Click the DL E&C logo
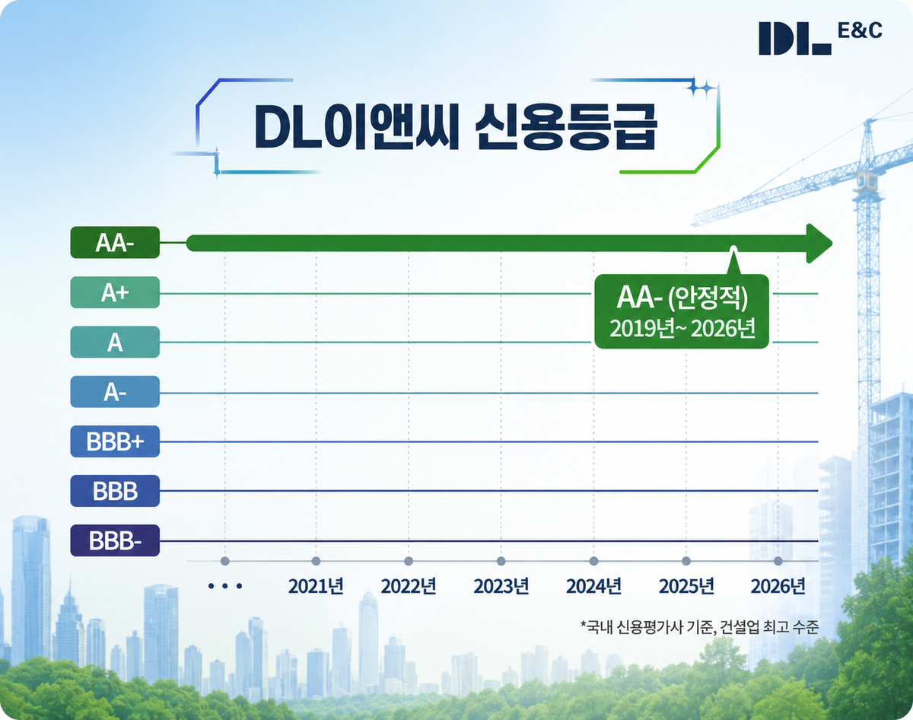820,38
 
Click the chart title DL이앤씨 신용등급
456,127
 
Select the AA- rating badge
115,242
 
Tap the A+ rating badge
115,292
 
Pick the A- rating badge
115,392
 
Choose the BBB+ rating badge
115,441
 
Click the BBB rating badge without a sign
115,491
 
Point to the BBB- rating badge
115,540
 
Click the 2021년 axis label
316,586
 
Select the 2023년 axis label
501,586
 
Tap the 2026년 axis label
778,586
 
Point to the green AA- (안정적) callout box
682,311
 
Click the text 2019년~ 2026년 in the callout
682,328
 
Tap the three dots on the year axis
225,586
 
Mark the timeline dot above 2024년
594,561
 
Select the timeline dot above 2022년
409,561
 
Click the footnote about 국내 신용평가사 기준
699,626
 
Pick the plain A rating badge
115,342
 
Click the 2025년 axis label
686,586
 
